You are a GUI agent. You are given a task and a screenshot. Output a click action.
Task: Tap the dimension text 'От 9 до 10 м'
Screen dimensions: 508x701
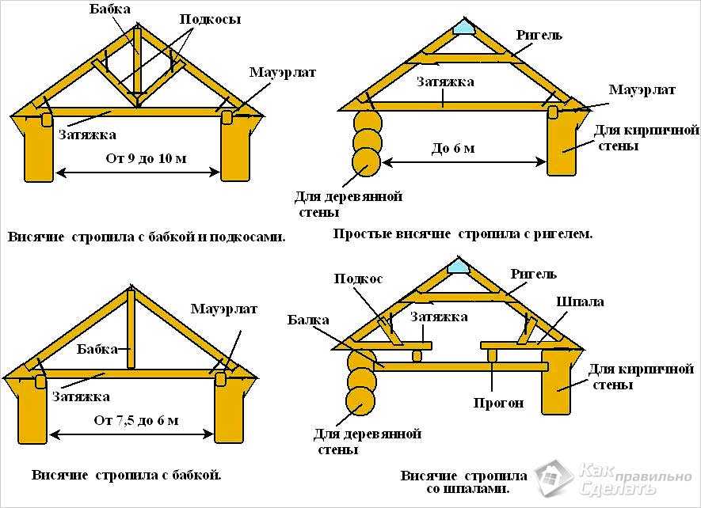coord(147,158)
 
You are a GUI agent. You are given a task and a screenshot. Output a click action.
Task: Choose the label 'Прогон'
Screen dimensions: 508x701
coord(499,403)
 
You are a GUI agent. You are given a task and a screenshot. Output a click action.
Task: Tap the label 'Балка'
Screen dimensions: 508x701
coord(307,320)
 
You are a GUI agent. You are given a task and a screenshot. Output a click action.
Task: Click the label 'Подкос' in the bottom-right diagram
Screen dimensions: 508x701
coord(358,279)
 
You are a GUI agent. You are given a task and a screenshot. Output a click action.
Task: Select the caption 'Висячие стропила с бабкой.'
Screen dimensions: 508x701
coord(127,476)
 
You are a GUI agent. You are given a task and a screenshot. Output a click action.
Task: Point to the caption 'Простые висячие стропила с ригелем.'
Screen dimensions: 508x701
coord(463,234)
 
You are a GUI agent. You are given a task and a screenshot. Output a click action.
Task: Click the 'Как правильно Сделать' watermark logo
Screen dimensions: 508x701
coord(614,479)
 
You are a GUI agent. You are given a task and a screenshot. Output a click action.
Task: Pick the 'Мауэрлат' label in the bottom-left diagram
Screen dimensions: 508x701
coord(224,309)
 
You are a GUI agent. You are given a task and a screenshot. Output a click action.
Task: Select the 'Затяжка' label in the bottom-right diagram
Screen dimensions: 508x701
coord(439,317)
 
